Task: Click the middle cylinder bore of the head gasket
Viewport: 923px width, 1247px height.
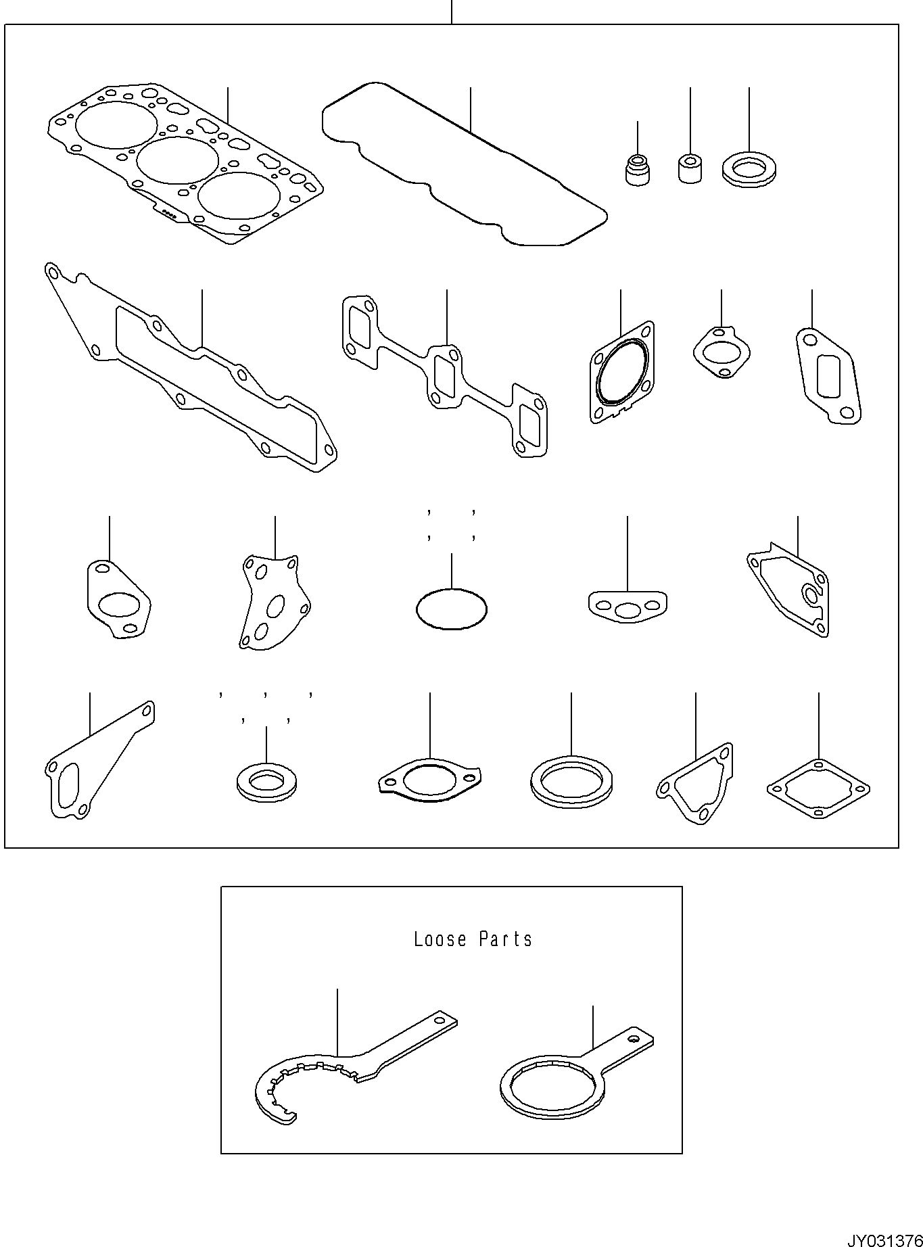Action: pos(178,160)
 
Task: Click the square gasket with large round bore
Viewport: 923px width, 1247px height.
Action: pos(621,373)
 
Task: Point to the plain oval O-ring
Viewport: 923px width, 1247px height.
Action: pos(451,609)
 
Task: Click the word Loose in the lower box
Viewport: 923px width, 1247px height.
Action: pos(440,939)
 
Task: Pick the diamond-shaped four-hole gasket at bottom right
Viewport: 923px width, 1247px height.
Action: pos(818,789)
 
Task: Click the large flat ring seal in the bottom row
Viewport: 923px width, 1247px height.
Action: pos(571,782)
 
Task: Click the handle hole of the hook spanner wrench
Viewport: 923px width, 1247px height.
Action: pos(440,1021)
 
